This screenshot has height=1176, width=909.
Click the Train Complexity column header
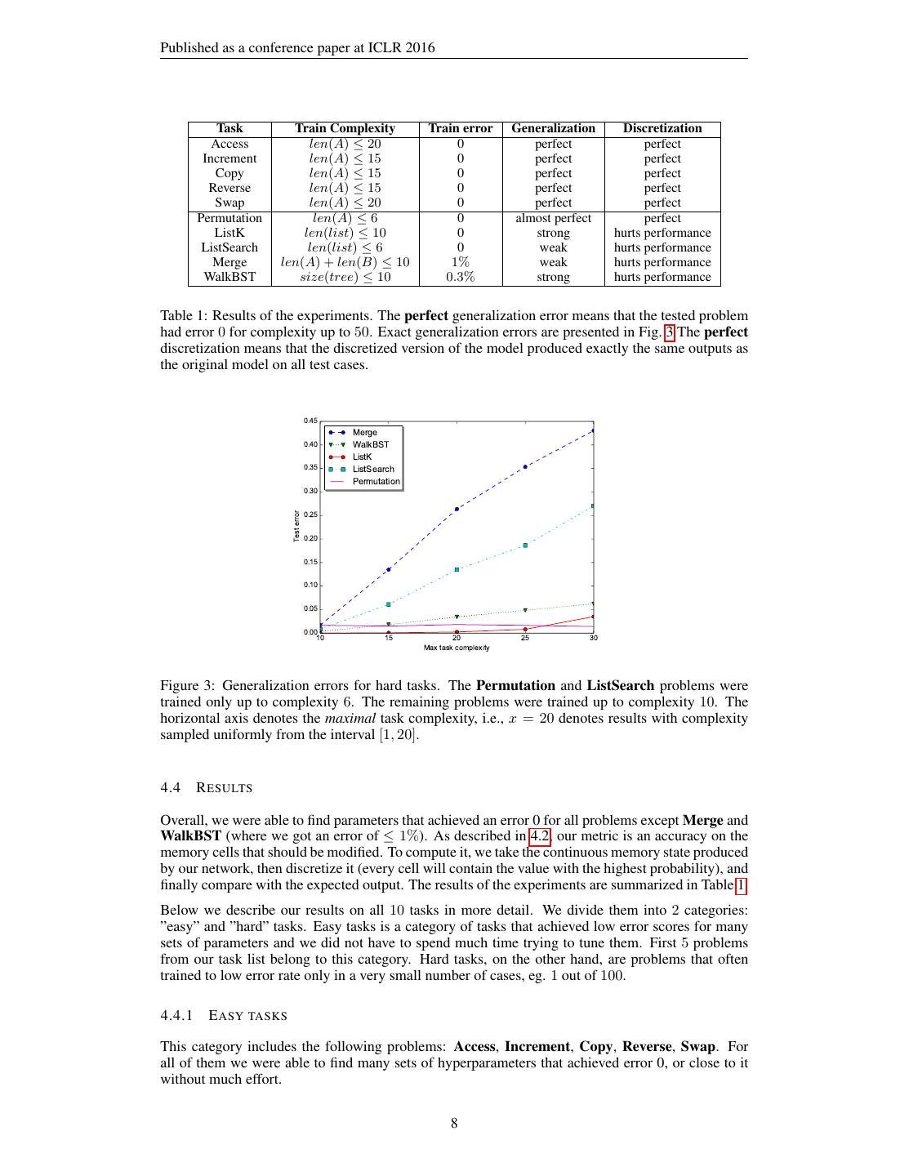pos(345,128)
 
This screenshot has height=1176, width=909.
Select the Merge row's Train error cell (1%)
pos(461,262)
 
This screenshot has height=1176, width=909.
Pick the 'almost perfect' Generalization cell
pos(553,218)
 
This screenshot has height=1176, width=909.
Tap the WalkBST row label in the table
pos(229,277)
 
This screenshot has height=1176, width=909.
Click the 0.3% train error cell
pos(461,277)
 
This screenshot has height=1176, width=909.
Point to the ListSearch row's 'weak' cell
pos(553,247)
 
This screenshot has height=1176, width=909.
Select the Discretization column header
pos(662,128)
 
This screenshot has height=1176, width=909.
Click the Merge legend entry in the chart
pos(364,433)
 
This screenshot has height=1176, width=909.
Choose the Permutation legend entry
pos(376,482)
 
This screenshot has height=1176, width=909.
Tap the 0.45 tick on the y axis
pos(310,421)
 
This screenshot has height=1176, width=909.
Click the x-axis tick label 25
pos(525,638)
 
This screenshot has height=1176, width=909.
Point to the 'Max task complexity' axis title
pos(457,648)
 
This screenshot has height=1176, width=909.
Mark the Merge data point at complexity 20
pos(457,509)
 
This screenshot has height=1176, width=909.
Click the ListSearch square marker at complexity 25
pos(525,545)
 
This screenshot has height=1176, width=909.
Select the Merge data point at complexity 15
pos(389,569)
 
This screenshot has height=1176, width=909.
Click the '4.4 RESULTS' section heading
pos(207,788)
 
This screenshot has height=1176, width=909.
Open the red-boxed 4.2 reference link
pos(540,836)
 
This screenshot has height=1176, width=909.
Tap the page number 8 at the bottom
pos(454,1123)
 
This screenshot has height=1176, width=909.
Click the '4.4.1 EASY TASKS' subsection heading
pos(224,1016)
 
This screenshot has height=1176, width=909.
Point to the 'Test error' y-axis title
pos(296,526)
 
